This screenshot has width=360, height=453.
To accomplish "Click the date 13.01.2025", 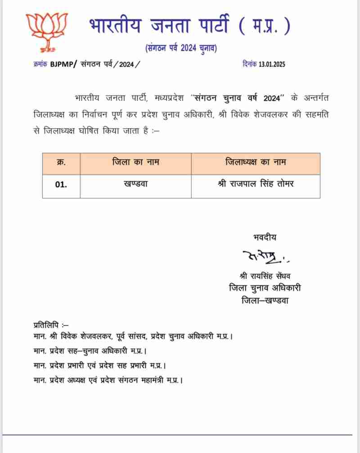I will coord(272,64).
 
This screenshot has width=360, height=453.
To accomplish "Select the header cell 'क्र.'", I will coord(61,163).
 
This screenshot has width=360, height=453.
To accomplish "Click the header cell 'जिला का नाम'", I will coord(136,163).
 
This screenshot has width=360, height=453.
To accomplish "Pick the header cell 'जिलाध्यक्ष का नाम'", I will coord(256,163).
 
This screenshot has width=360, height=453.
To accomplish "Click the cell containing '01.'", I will coord(61,186).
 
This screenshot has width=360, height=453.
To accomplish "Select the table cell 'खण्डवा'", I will coord(136,186).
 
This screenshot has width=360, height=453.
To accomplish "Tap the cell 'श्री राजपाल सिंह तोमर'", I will coord(256,186).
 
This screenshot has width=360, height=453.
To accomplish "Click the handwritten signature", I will coord(263,258).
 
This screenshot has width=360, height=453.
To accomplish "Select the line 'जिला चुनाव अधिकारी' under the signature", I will coord(265,288).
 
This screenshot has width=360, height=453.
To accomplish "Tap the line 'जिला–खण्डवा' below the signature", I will coord(265,300).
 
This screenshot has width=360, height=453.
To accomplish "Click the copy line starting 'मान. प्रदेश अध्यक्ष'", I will coord(108,380).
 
